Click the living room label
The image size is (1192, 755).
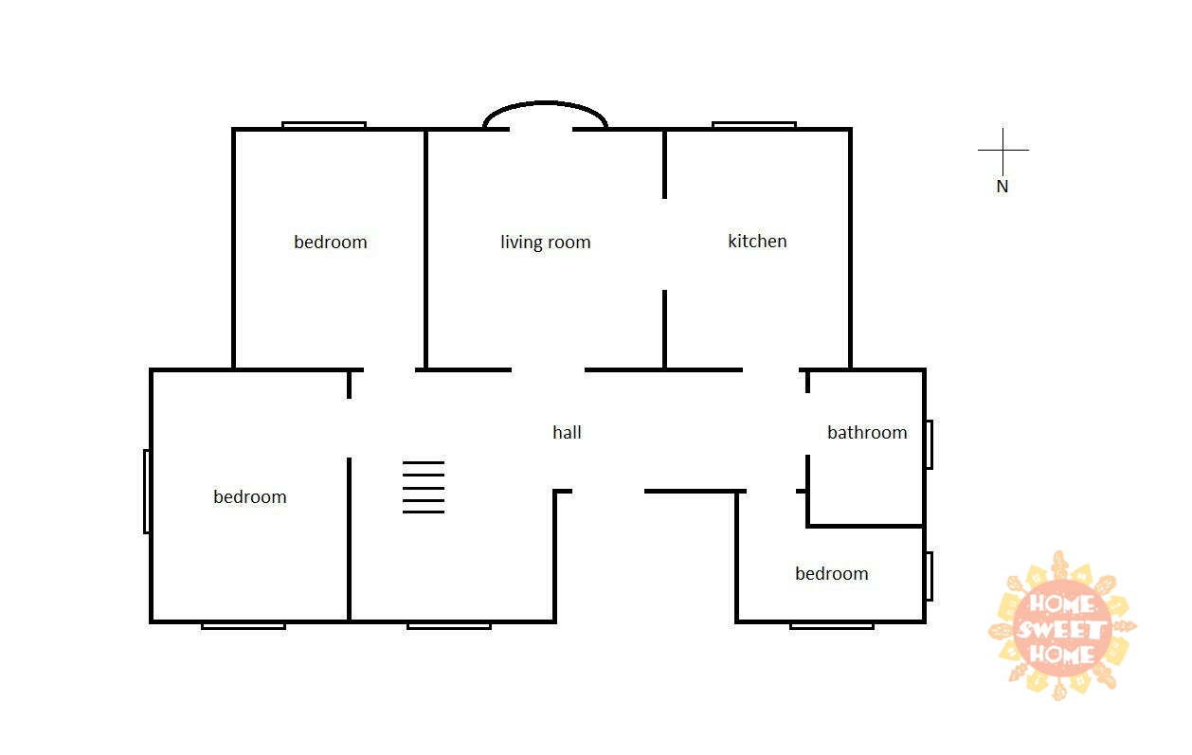pyautogui.click(x=546, y=243)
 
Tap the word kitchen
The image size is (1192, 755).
pyautogui.click(x=757, y=241)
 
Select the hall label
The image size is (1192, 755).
pyautogui.click(x=567, y=432)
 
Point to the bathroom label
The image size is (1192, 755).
pyautogui.click(x=867, y=432)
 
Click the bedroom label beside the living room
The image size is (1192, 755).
pyautogui.click(x=331, y=243)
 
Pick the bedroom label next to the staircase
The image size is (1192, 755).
pyautogui.click(x=249, y=496)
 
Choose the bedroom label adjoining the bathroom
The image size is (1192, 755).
pyautogui.click(x=832, y=573)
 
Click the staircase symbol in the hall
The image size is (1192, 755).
pyautogui.click(x=424, y=487)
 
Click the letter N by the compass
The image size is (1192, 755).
pyautogui.click(x=1002, y=187)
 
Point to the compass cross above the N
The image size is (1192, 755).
pyautogui.click(x=1003, y=151)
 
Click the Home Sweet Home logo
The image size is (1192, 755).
pyautogui.click(x=1062, y=626)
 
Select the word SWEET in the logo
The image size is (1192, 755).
pyautogui.click(x=1061, y=630)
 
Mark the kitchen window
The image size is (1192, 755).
pyautogui.click(x=754, y=125)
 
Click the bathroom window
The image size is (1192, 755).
pyautogui.click(x=930, y=445)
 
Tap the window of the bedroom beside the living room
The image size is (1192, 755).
pyautogui.click(x=324, y=125)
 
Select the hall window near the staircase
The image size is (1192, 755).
pyautogui.click(x=449, y=626)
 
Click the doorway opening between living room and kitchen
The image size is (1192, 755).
pyautogui.click(x=664, y=244)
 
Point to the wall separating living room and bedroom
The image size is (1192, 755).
pyautogui.click(x=425, y=249)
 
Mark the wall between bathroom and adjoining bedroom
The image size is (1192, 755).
pyautogui.click(x=865, y=526)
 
